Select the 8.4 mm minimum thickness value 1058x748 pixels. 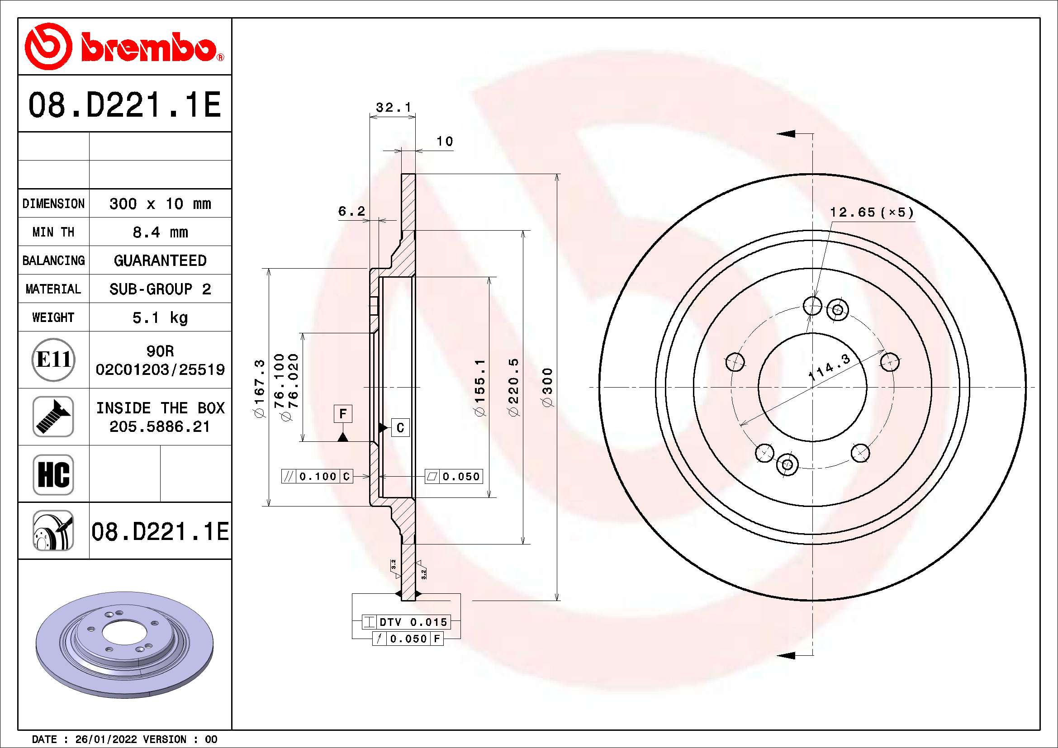coord(160,232)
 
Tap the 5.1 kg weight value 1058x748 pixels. coord(160,317)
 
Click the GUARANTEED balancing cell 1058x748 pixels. coord(160,260)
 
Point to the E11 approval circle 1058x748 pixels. coord(53,360)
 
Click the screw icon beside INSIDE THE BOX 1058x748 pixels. coord(53,417)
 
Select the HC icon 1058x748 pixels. coord(53,474)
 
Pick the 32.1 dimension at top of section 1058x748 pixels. coord(393,108)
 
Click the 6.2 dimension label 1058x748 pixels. coord(351,211)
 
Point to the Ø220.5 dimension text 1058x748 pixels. coord(514,387)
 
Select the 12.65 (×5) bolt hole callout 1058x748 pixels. coord(871,213)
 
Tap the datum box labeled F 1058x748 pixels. coord(343,414)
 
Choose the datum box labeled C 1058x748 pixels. coord(400,428)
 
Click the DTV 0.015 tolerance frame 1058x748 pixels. coord(405,622)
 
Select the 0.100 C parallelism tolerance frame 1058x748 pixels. coord(317,476)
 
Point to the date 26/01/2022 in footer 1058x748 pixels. coord(106,739)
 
